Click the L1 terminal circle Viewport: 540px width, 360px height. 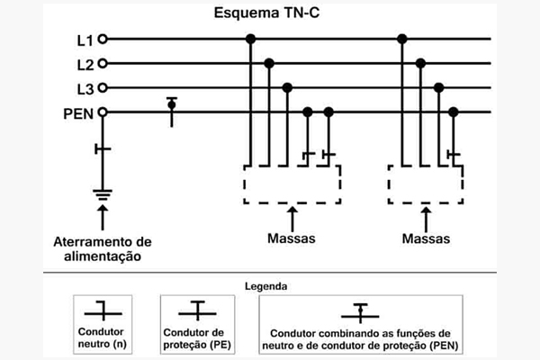[103, 40]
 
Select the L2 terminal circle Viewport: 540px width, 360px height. [103, 64]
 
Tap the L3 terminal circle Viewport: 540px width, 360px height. [103, 87]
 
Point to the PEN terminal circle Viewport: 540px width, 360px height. [103, 112]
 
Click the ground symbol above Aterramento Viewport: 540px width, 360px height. [103, 192]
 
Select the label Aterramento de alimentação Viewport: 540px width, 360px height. [103, 247]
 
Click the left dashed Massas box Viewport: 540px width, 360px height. [292, 184]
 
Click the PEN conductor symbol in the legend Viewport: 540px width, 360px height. [360, 311]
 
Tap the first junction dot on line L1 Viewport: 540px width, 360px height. [252, 39]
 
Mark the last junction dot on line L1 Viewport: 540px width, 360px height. [402, 39]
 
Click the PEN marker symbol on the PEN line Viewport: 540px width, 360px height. [171, 105]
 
